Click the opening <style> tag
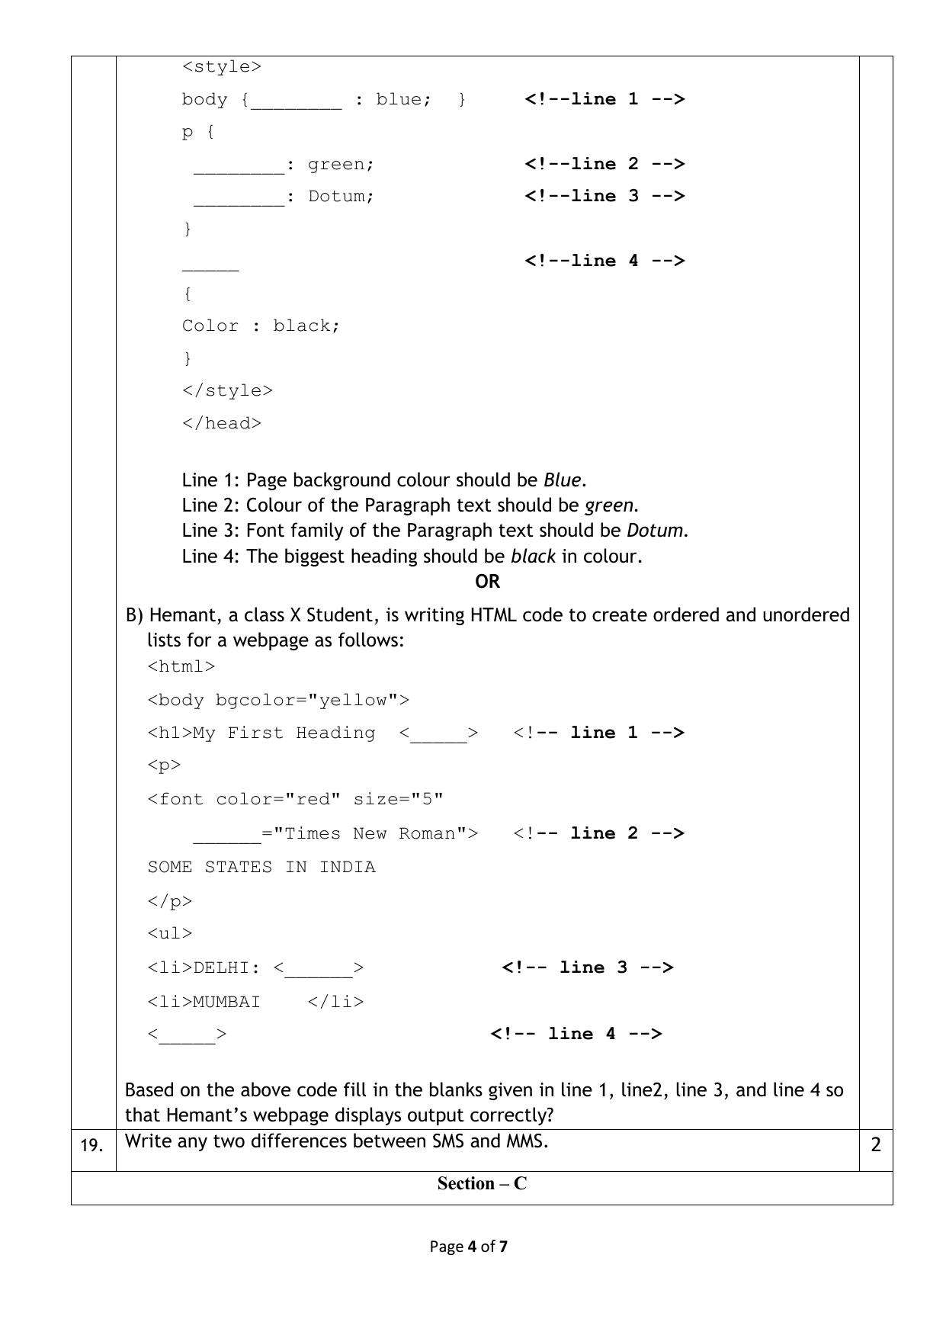(222, 67)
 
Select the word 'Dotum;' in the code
(342, 197)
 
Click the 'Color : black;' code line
(261, 326)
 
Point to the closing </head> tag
(222, 424)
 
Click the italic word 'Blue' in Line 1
(562, 480)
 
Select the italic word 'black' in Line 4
(533, 557)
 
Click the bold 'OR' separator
(487, 582)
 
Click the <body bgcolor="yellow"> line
(278, 701)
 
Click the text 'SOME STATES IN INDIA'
(261, 868)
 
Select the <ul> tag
(170, 934)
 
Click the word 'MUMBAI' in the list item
(226, 1002)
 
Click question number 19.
(91, 1145)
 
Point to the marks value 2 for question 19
(876, 1144)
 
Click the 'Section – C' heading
(482, 1184)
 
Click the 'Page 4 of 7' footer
(469, 1247)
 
